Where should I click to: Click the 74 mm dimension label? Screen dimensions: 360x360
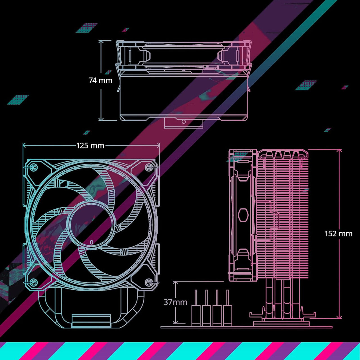pos(100,80)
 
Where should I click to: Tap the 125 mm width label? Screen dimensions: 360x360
pos(90,146)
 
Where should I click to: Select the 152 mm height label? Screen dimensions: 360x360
pos(338,234)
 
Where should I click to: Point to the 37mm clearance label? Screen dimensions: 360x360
pos(175,302)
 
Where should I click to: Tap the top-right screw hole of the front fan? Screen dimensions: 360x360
pos(149,167)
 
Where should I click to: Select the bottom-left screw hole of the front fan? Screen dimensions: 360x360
pos(34,282)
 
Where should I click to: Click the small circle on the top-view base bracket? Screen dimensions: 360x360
pos(183,122)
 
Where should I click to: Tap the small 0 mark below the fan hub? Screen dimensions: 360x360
pos(91,242)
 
